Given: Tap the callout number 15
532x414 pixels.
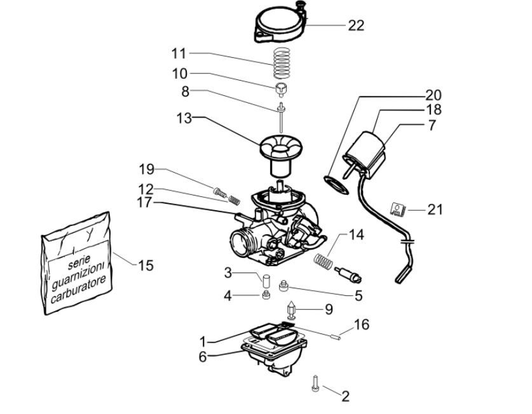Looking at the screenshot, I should coord(146,265).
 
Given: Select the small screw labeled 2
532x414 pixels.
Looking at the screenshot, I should coord(315,383).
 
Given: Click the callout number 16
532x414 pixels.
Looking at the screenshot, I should coord(361,325).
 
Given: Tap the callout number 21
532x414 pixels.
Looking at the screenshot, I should coord(435,209).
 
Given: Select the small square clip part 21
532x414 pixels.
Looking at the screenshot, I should coord(397,208).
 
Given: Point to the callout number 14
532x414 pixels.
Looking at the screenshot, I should coord(356,235).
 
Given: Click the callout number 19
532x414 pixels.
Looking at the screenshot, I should coord(147,170).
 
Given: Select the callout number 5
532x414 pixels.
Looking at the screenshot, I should coord(358,295).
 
